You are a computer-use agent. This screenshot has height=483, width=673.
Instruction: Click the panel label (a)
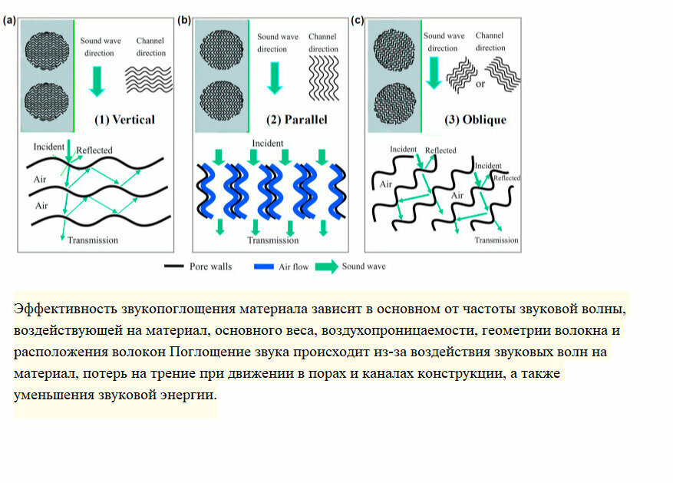click(x=10, y=21)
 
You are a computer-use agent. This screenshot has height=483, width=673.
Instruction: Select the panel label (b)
click(x=184, y=21)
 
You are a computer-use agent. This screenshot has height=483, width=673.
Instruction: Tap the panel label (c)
click(x=358, y=21)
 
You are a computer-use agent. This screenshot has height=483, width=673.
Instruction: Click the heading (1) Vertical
click(x=124, y=120)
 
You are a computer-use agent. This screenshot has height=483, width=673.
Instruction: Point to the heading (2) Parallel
click(x=297, y=120)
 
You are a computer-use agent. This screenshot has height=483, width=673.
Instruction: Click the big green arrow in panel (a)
click(x=97, y=80)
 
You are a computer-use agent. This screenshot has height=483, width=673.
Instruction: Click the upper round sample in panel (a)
click(x=48, y=48)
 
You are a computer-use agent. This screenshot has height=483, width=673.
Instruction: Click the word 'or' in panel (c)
click(x=480, y=84)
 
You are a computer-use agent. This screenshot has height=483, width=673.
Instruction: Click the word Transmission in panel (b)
click(x=272, y=240)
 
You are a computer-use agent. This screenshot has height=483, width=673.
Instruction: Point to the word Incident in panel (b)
click(x=267, y=144)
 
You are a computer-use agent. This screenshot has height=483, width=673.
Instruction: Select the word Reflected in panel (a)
click(x=94, y=150)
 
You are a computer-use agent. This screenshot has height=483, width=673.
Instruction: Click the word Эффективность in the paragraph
click(x=65, y=309)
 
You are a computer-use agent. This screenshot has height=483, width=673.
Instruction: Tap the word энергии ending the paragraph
click(x=191, y=395)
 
